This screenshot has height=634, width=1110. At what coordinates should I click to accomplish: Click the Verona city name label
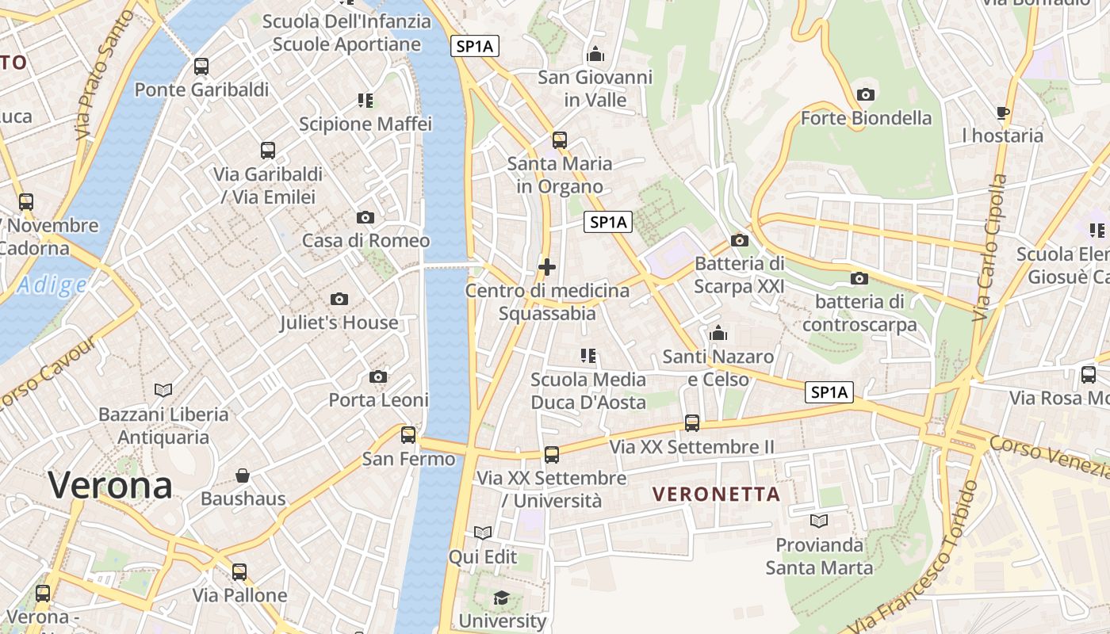coord(110,484)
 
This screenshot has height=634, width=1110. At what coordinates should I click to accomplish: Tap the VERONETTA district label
coord(716,495)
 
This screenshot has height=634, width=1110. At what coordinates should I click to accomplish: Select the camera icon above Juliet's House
coord(339,299)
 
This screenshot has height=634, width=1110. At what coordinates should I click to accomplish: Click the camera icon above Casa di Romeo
coord(366,217)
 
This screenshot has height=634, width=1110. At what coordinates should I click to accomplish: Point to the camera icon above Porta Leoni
coord(378,376)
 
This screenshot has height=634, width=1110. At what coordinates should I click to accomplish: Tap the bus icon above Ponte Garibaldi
coord(201,66)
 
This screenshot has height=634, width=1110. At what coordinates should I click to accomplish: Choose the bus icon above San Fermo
coord(408,434)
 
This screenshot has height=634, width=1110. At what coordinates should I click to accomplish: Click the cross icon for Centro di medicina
coord(547,267)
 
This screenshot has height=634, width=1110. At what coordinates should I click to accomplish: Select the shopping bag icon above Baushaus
coord(243,475)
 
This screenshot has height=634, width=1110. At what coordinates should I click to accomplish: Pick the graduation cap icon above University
coord(502,597)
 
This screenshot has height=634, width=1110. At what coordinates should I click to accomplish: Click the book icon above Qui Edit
coord(483,533)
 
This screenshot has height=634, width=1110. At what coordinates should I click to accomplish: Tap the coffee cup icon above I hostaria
coord(1003,113)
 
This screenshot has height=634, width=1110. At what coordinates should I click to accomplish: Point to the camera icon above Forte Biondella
coord(866,94)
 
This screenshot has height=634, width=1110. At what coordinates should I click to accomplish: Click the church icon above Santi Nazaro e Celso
coord(718,333)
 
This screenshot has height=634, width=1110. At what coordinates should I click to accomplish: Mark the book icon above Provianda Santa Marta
coord(819,521)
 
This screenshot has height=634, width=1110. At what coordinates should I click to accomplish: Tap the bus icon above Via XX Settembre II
coord(692,423)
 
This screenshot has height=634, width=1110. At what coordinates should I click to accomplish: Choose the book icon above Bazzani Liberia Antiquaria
coord(163,390)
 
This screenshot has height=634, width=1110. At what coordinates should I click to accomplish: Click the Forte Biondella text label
coord(866,118)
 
